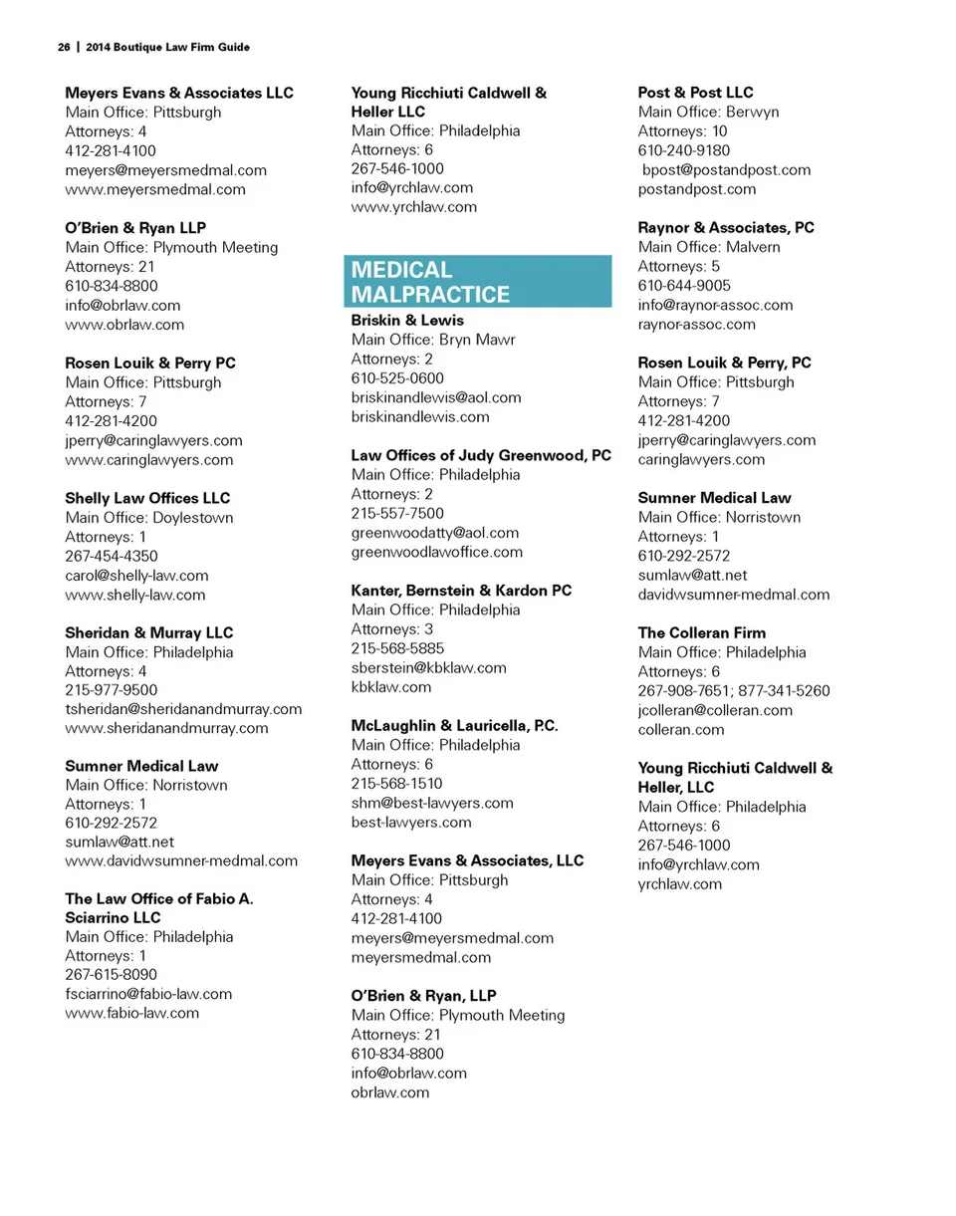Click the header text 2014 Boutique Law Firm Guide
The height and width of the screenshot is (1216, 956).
tap(167, 47)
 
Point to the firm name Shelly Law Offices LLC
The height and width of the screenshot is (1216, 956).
tap(147, 498)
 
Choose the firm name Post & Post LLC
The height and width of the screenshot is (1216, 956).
tap(695, 93)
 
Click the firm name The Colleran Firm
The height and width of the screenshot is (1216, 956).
tap(702, 632)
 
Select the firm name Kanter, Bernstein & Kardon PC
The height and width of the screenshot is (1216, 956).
tap(461, 591)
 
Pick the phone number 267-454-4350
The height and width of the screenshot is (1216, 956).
tap(111, 556)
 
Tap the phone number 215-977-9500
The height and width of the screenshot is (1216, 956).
tap(111, 689)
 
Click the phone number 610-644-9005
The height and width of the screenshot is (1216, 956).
tap(684, 286)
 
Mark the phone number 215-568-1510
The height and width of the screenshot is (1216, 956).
tap(397, 783)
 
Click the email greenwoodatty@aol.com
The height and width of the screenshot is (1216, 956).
tap(435, 533)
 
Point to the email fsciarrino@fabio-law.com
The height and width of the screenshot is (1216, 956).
tap(148, 994)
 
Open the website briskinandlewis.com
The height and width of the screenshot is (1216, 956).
tap(420, 417)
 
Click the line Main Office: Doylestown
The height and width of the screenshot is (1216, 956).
tap(149, 518)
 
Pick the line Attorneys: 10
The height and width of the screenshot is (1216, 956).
tap(682, 131)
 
